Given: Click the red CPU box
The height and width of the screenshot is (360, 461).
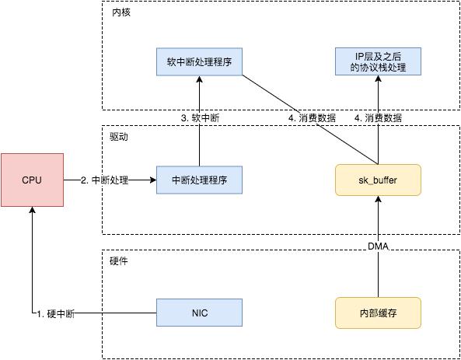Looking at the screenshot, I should pos(32,180).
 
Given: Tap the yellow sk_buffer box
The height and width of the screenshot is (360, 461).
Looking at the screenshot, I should pos(377,180).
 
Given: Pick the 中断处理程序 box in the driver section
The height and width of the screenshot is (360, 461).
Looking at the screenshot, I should pos(199,180).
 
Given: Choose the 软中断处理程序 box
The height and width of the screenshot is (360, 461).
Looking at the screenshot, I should pos(199,61).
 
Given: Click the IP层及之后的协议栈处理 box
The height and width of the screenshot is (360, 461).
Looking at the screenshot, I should pos(377,61).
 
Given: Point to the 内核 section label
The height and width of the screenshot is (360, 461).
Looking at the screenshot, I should pos(120,13).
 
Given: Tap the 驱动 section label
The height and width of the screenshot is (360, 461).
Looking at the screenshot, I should pos(120,136).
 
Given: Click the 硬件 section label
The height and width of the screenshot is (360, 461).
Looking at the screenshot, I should pos(120,260).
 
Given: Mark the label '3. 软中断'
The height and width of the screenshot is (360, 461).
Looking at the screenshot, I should pos(200,118).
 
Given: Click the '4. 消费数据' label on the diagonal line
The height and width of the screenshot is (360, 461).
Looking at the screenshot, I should pos(311,118).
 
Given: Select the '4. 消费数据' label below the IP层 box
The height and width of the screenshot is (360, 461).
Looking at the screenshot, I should pos(378,118).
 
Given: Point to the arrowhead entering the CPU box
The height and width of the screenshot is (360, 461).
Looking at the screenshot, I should pos(32,211).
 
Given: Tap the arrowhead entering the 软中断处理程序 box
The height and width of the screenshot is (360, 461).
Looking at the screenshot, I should pos(199,81).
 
